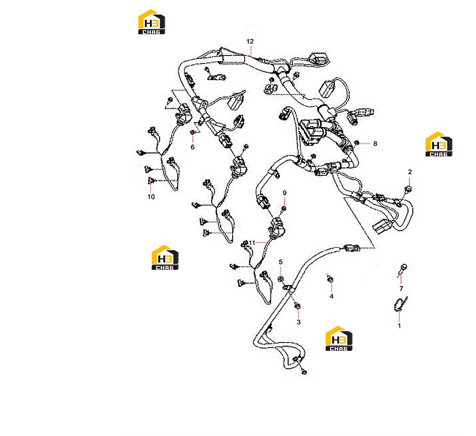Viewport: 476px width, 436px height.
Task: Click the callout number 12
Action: point(250,41)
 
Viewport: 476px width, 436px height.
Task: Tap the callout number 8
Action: point(375,143)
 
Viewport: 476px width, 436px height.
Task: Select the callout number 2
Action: point(410,172)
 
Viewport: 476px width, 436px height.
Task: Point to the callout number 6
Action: point(192,147)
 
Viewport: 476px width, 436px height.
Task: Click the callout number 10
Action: point(151,197)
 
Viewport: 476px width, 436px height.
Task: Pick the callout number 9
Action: point(284,193)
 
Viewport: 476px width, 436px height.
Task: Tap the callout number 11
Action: point(252,243)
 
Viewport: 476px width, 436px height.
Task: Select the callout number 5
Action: point(280,262)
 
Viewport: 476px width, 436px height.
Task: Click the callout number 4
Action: point(332,296)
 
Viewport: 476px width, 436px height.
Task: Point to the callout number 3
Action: point(299,322)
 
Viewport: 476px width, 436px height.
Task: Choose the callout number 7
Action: point(401,288)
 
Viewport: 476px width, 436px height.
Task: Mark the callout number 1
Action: point(399,326)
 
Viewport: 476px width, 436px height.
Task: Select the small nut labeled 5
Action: point(281,279)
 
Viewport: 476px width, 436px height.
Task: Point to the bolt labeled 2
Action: point(408,190)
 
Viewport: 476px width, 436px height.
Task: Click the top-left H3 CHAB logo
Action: point(151,22)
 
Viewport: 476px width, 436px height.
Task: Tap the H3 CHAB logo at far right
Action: point(439,144)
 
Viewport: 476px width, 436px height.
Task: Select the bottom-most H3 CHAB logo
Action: point(339,338)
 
